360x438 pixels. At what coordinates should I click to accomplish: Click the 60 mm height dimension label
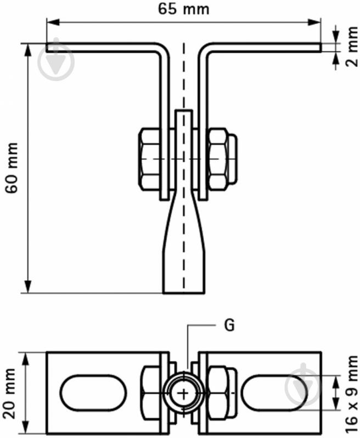[12, 168]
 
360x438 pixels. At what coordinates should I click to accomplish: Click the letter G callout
[229, 325]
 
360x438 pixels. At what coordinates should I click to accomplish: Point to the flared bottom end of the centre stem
[184, 269]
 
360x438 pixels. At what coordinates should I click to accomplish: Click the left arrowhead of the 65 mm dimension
[51, 22]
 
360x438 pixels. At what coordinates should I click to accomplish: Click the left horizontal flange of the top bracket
[104, 48]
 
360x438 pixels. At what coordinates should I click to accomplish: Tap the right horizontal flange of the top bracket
[263, 48]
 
